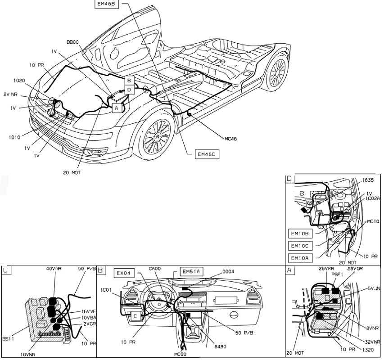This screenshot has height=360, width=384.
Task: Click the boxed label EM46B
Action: point(107,4)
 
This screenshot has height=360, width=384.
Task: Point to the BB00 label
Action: point(72,42)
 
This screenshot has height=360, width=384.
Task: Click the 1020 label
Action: point(19,81)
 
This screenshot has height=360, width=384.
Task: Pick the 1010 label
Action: point(14,137)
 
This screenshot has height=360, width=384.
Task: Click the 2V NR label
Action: point(10,94)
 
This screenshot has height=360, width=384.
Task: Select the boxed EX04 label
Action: point(124,273)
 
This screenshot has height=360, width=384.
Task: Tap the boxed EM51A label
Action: point(191,271)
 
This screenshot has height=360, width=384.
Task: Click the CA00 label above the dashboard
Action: point(155,270)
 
